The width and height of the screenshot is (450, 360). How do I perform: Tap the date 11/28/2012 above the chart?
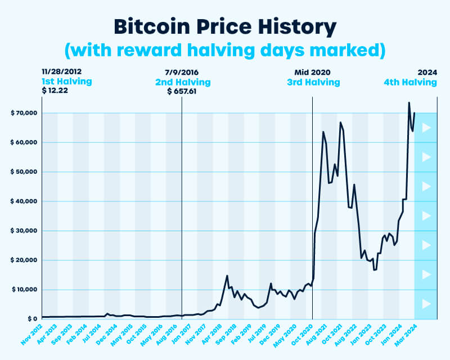[61, 73]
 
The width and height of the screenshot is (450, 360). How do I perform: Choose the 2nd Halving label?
[183, 82]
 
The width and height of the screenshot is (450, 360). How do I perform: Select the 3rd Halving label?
[313, 82]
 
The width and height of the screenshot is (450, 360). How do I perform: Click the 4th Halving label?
[410, 82]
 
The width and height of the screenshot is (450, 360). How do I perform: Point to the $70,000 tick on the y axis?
[24, 113]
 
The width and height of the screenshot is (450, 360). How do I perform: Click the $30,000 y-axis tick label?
[24, 231]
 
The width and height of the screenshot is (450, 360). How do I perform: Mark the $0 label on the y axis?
[31, 319]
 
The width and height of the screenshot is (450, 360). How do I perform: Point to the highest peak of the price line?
[409, 102]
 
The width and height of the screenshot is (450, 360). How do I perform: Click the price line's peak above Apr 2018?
[227, 276]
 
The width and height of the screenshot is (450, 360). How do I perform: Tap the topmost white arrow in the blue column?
[426, 128]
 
